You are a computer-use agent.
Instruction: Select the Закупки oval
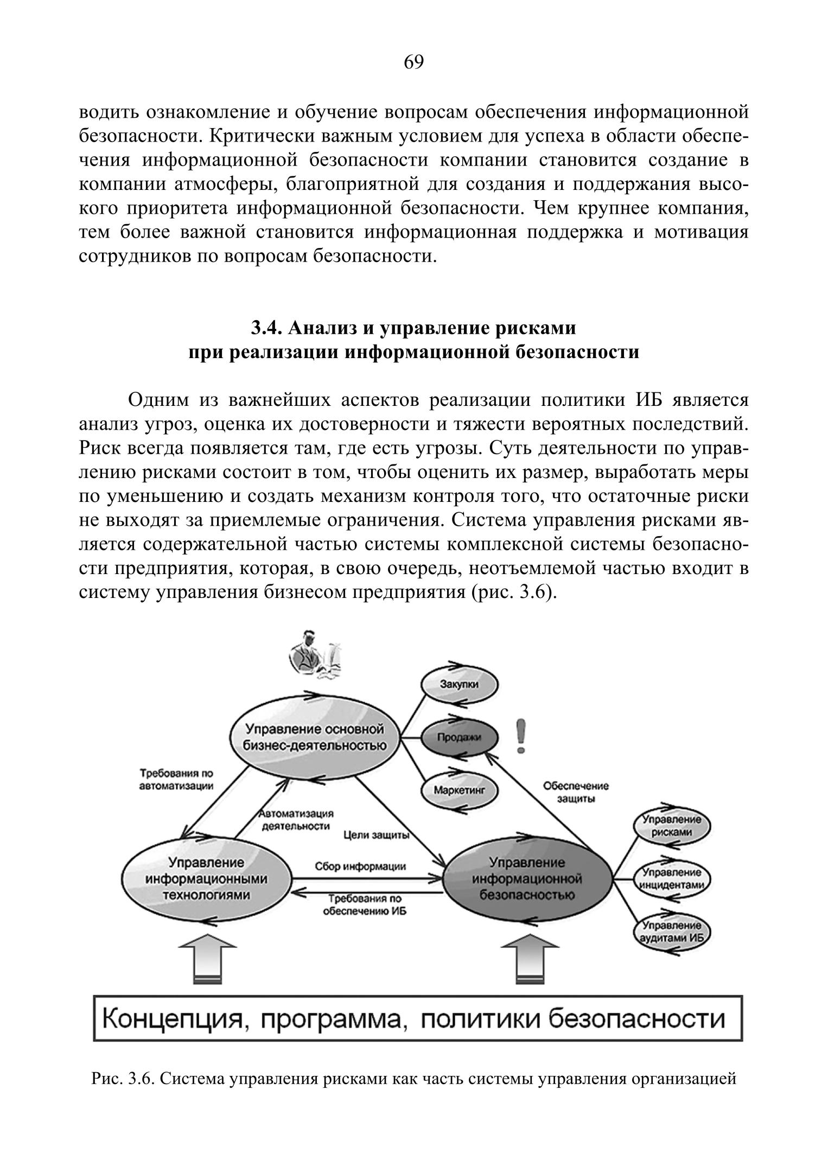(459, 684)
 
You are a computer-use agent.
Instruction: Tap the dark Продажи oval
(459, 736)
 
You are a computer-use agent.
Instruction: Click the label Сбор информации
(360, 867)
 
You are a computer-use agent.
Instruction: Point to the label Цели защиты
(376, 836)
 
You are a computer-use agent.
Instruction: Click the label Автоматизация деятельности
(296, 820)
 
